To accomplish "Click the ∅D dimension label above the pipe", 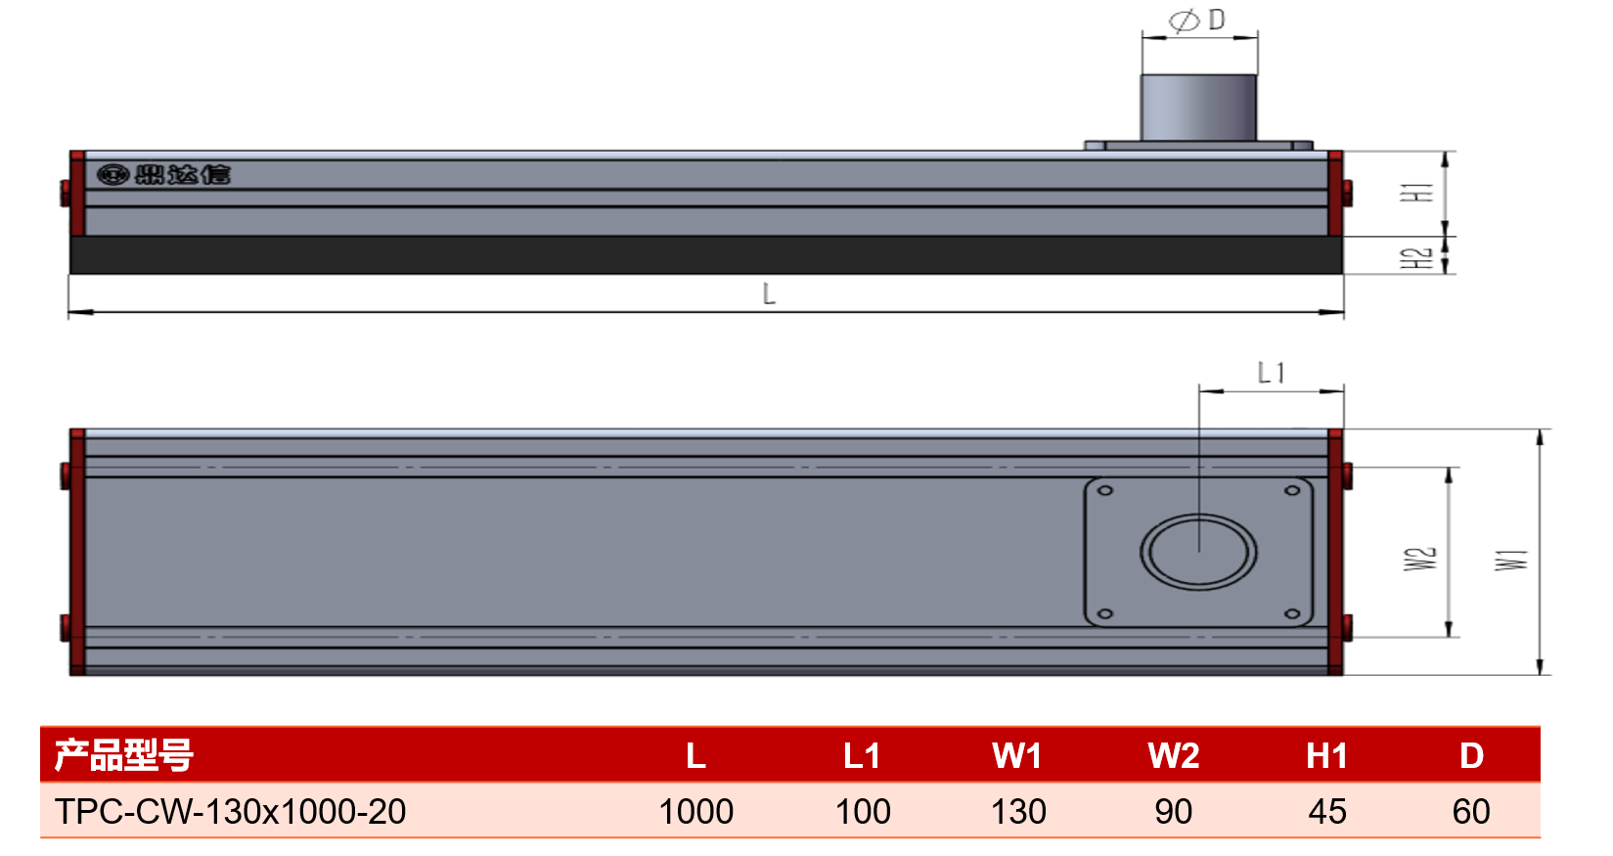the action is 1196,21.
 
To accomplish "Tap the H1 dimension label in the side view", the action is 1416,192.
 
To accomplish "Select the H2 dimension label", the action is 1416,258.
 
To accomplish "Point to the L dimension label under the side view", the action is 769,293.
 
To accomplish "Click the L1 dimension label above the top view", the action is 1271,373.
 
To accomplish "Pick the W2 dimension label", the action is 1420,559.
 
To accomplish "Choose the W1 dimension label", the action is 1510,560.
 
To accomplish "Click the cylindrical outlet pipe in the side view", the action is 1199,108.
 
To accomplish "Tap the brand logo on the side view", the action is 163,174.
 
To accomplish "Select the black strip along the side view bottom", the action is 706,255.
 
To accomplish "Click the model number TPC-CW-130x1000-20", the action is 231,811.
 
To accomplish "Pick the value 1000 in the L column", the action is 695,811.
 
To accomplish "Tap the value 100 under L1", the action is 863,811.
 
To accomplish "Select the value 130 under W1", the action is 1018,811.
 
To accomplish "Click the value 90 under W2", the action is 1174,811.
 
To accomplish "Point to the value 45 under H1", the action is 1327,811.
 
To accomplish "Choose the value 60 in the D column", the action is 1471,811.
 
